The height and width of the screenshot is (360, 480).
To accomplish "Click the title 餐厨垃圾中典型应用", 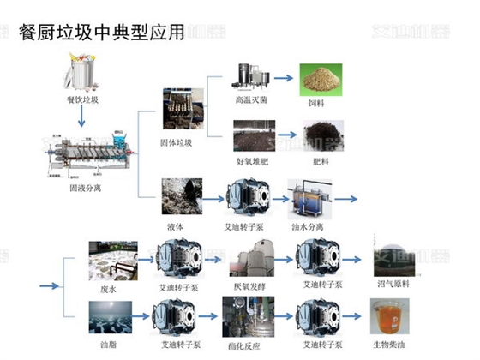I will click(x=101, y=33).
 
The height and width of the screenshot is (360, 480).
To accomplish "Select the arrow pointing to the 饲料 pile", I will click(x=284, y=79).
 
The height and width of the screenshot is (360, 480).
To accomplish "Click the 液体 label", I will click(x=177, y=226).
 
